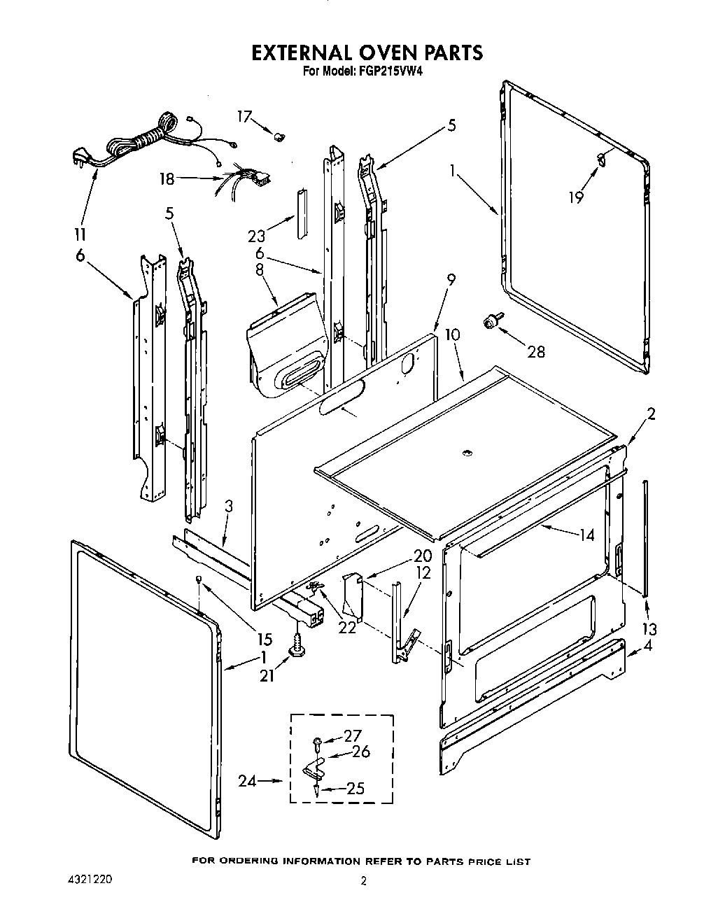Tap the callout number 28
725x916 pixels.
pyautogui.click(x=536, y=352)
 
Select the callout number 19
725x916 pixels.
pyautogui.click(x=575, y=198)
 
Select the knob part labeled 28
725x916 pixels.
pyautogui.click(x=493, y=323)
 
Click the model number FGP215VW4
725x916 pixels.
pyautogui.click(x=383, y=71)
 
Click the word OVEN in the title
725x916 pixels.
pyautogui.click(x=363, y=52)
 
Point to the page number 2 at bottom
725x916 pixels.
pyautogui.click(x=362, y=882)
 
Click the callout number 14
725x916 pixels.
pyautogui.click(x=586, y=535)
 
